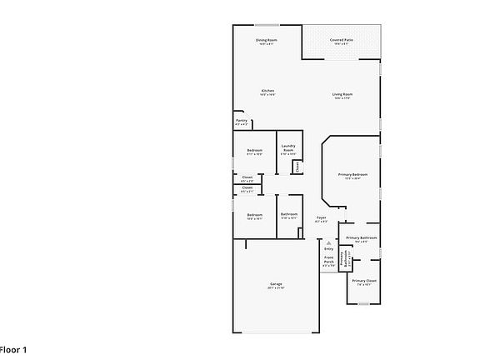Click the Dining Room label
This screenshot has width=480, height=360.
(x=267, y=40)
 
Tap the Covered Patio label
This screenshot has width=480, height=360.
(x=341, y=40)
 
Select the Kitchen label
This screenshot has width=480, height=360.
(x=267, y=91)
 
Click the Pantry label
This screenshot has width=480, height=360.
(x=241, y=121)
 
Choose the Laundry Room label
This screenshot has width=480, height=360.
(x=288, y=148)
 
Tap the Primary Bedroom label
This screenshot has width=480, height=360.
(x=353, y=174)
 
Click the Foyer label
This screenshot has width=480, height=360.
(x=322, y=219)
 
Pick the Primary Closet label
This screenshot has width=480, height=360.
(x=364, y=282)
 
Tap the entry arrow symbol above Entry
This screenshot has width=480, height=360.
(x=328, y=242)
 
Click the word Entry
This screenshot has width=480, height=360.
(x=328, y=249)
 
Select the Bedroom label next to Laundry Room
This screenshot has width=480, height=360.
(x=254, y=150)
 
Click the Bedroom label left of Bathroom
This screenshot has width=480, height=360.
(x=254, y=215)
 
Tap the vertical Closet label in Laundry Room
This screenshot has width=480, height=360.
(x=297, y=167)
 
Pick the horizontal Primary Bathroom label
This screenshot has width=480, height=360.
(x=362, y=238)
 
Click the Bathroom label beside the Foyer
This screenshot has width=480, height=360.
(x=289, y=214)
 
